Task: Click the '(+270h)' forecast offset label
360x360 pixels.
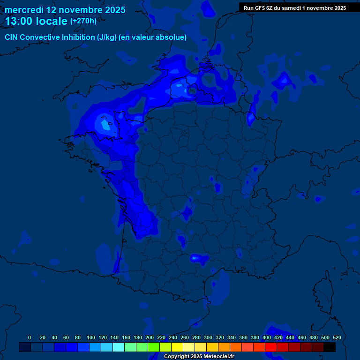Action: (x=83, y=21)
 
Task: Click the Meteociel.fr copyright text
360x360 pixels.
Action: (x=199, y=357)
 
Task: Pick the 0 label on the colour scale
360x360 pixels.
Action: (x=30, y=337)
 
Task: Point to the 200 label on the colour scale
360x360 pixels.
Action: (x=150, y=337)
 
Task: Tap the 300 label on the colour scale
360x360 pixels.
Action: (x=208, y=337)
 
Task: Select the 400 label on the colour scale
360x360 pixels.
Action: (x=267, y=337)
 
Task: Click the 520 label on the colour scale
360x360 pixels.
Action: (x=336, y=337)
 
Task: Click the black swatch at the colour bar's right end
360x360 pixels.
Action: (x=330, y=347)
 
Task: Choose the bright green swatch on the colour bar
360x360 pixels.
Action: (x=154, y=347)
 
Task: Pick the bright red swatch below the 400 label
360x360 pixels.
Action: (x=271, y=347)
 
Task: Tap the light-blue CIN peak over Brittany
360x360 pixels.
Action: (x=105, y=125)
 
